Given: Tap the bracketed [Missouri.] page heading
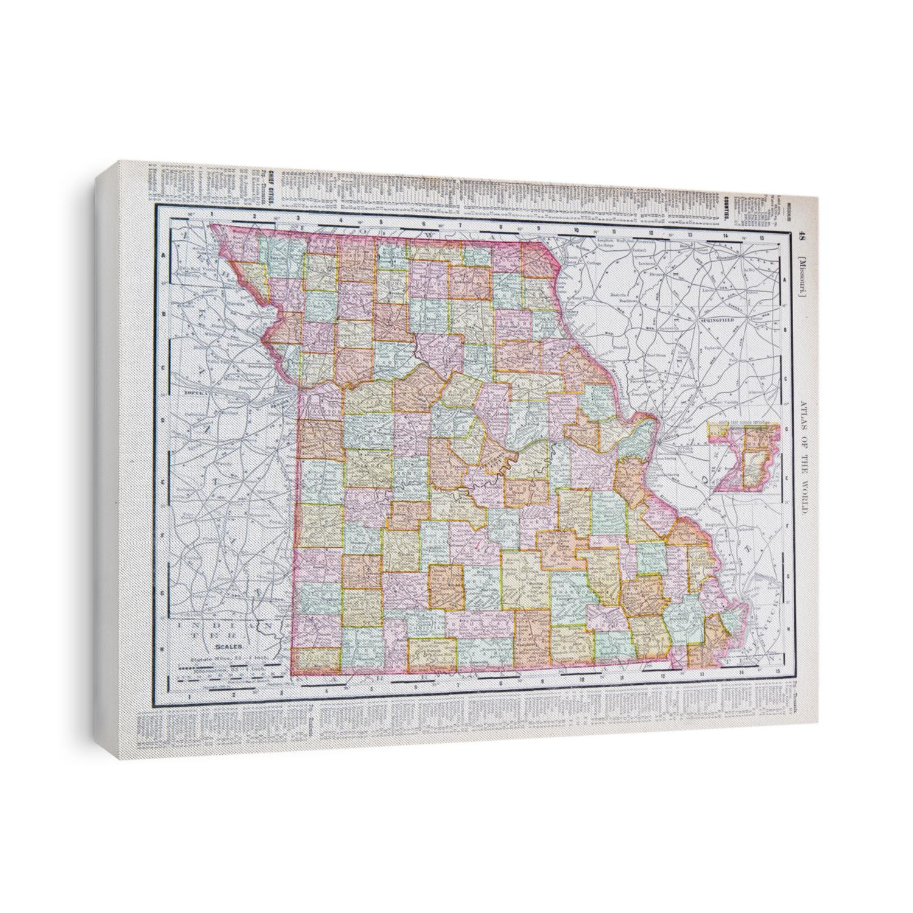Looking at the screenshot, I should [x=803, y=277].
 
